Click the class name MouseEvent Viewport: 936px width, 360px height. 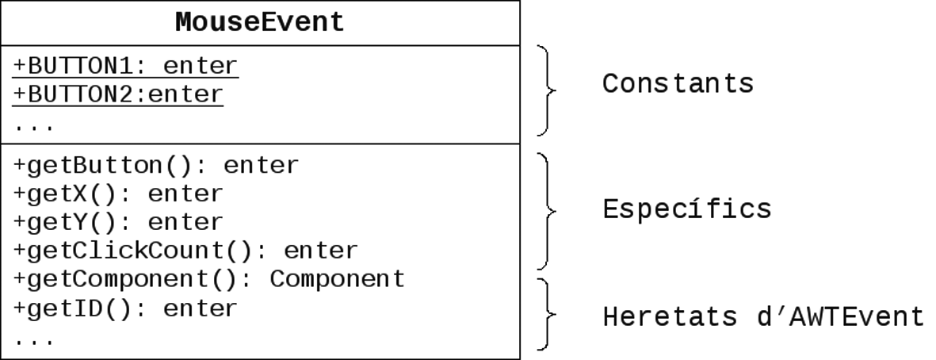tap(260, 23)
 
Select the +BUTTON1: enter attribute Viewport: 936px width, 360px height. tap(126, 66)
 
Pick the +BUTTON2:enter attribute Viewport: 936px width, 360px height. tap(118, 94)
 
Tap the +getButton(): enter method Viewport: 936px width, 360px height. tap(156, 166)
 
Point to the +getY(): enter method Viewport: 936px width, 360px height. tap(118, 222)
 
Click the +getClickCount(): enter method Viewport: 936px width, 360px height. tap(185, 251)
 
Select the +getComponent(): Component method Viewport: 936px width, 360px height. tap(209, 279)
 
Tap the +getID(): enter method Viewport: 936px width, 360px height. tap(125, 308)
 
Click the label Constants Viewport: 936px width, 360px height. tap(678, 83)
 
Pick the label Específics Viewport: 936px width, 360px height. tap(687, 209)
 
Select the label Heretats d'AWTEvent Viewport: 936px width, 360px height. tap(763, 316)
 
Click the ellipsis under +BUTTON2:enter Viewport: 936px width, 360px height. tap(34, 127)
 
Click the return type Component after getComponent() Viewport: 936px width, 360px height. tap(338, 279)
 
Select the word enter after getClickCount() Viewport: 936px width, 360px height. tap(321, 251)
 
